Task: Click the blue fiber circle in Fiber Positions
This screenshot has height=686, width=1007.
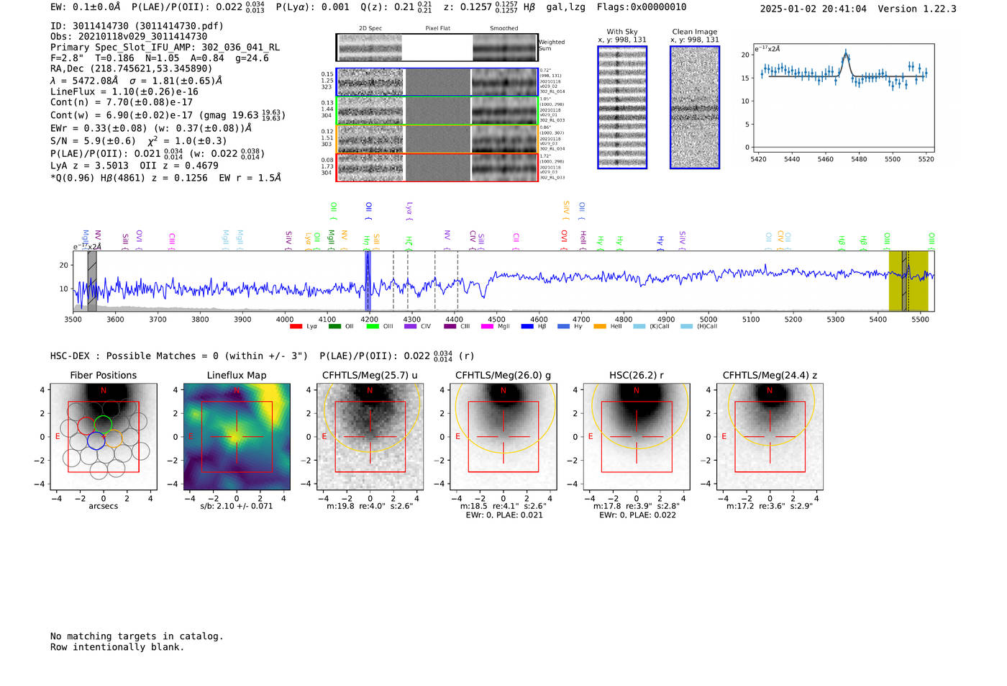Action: click(x=96, y=441)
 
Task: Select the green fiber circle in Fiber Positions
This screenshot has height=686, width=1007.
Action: click(x=104, y=424)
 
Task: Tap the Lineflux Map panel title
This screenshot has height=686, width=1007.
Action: click(x=236, y=375)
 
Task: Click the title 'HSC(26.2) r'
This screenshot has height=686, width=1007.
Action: click(x=636, y=375)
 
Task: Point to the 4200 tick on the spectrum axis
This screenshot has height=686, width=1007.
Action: click(x=370, y=319)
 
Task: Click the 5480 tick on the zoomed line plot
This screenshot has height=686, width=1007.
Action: click(x=859, y=159)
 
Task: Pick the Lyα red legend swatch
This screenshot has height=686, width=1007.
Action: click(x=296, y=327)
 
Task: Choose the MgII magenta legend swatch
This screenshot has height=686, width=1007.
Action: click(x=487, y=327)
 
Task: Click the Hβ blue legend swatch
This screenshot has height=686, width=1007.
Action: click(x=527, y=327)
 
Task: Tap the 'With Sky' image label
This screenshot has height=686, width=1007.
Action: click(x=621, y=32)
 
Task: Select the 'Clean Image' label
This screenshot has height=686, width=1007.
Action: click(x=694, y=32)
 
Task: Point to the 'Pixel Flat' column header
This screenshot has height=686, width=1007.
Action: click(x=437, y=29)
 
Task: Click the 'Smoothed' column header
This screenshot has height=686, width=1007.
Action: click(x=503, y=29)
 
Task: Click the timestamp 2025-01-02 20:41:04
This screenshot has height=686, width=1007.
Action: click(x=813, y=9)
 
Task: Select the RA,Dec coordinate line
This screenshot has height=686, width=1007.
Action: click(x=131, y=69)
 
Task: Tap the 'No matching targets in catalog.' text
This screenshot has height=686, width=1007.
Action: click(x=137, y=636)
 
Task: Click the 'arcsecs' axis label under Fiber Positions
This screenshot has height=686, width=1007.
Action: click(x=103, y=506)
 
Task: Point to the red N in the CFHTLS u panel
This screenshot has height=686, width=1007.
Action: click(x=370, y=390)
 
